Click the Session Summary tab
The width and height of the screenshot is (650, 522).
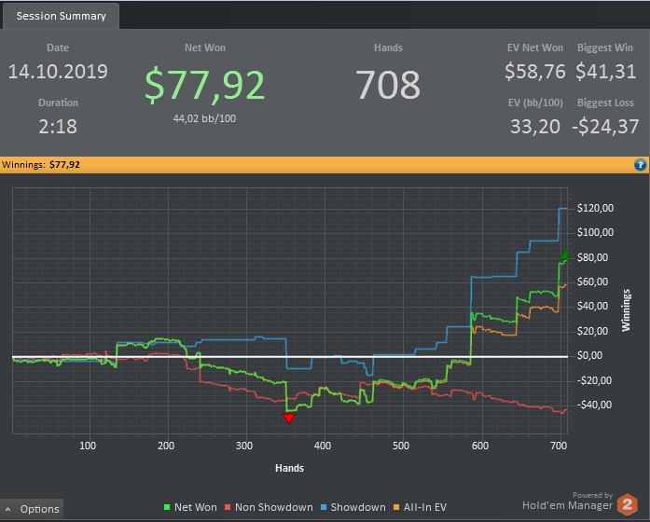(x=61, y=16)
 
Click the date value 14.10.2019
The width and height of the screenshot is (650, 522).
(x=58, y=72)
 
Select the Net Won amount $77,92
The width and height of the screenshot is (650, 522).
(x=205, y=85)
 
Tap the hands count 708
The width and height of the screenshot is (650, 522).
(x=388, y=85)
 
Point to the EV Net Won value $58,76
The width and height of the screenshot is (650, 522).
(x=535, y=71)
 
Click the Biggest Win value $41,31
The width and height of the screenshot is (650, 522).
(x=606, y=71)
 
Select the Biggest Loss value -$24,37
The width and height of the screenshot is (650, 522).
(x=605, y=126)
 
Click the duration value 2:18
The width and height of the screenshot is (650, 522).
(x=58, y=126)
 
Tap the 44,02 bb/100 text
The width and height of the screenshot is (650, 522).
(x=205, y=118)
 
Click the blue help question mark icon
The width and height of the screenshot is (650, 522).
(x=640, y=165)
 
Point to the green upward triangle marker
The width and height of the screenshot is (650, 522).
(x=563, y=254)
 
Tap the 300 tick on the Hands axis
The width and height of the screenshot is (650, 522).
(x=244, y=446)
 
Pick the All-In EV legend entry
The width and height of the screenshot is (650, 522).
(x=422, y=507)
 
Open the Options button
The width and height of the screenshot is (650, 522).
(x=34, y=509)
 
